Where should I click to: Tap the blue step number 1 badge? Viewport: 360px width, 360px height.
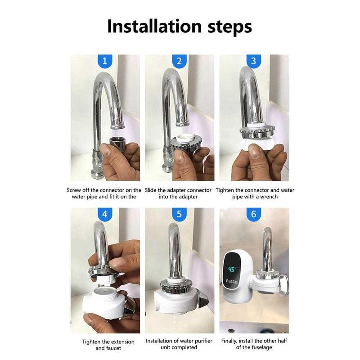[104, 61]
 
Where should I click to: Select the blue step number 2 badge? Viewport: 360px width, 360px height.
[179, 61]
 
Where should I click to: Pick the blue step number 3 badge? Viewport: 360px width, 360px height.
[253, 61]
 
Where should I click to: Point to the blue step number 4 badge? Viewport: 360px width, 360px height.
[104, 214]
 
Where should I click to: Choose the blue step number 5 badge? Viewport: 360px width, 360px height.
[179, 214]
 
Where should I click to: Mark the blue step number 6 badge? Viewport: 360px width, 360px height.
[253, 214]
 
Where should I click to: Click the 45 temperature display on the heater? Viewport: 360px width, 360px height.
[232, 270]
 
